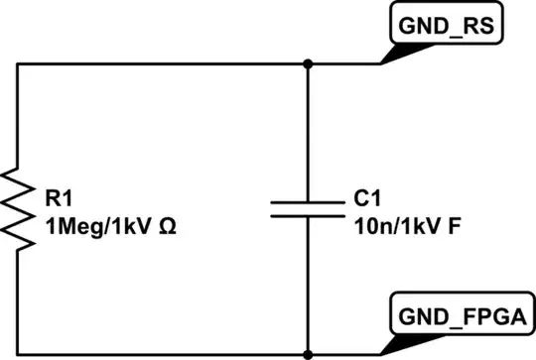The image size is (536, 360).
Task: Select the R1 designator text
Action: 59,198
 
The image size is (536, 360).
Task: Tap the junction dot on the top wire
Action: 309,64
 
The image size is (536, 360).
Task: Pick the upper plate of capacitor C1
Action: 309,197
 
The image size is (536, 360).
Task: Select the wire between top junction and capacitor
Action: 309,129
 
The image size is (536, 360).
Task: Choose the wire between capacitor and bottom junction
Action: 309,288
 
